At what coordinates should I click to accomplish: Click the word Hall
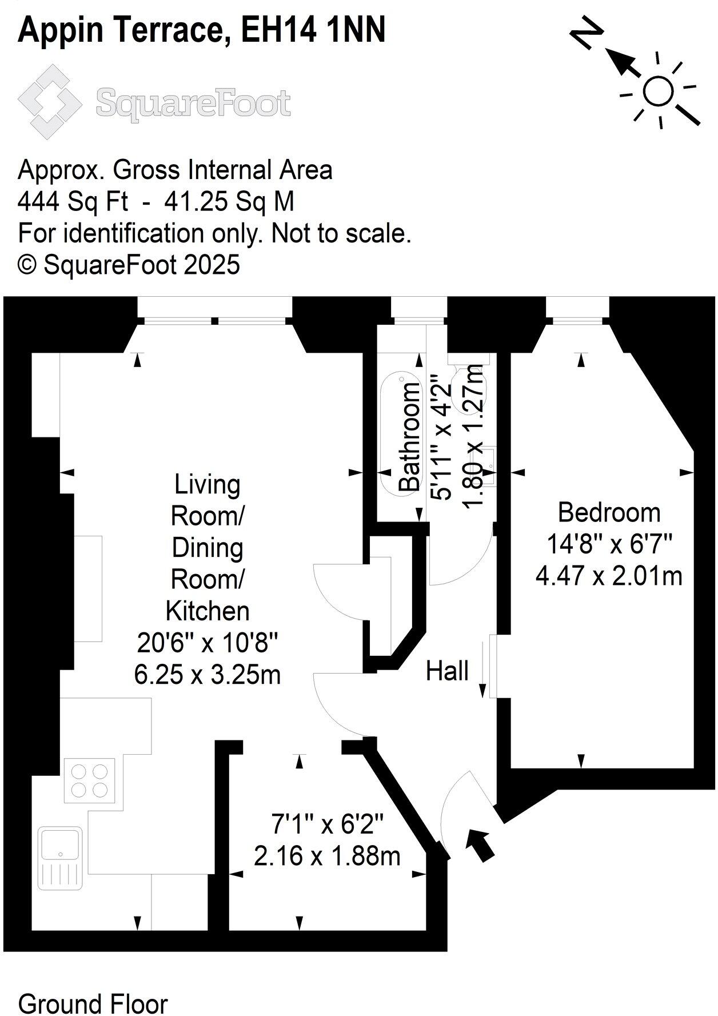point(447,671)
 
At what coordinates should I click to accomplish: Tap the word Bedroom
point(609,512)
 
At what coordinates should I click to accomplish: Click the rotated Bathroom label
point(409,437)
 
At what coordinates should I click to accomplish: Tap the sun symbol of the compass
point(658,90)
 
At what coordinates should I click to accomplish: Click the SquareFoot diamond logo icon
point(49,102)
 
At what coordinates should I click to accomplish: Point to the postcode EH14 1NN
point(313,30)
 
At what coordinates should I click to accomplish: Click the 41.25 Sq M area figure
point(229,201)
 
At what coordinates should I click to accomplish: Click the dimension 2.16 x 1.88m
point(327,856)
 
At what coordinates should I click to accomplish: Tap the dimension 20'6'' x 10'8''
point(208,643)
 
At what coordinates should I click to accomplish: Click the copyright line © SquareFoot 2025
point(129,265)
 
